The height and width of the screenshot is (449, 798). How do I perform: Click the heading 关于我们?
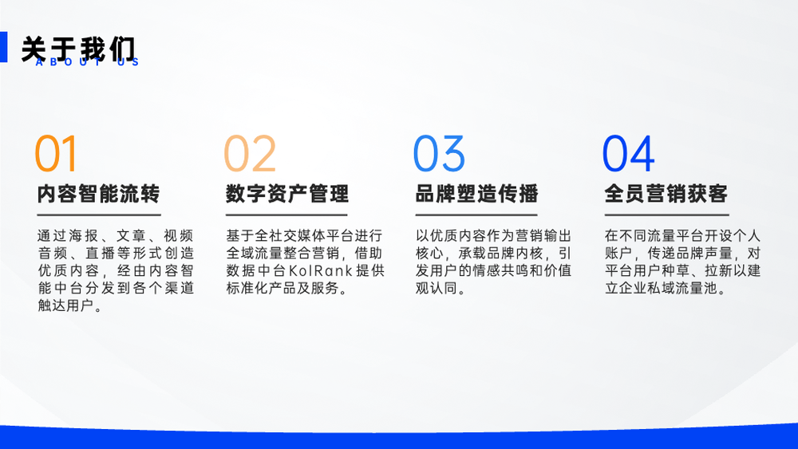click(79, 49)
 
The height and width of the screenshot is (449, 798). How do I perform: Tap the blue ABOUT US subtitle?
click(88, 62)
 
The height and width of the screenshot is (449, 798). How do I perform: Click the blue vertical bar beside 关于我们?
click(3, 47)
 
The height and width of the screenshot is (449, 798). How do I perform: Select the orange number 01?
click(56, 153)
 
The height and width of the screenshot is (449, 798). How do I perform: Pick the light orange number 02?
click(250, 153)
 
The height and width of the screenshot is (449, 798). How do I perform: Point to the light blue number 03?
click(439, 153)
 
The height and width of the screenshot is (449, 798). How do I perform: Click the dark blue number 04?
click(629, 153)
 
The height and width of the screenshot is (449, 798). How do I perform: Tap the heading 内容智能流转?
click(99, 194)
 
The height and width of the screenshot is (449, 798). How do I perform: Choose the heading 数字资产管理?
click(287, 194)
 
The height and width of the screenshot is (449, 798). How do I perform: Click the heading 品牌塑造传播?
click(477, 194)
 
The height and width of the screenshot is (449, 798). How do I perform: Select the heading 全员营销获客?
click(666, 194)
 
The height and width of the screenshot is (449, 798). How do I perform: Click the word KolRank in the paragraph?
click(321, 270)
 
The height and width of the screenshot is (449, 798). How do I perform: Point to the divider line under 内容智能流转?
click(99, 215)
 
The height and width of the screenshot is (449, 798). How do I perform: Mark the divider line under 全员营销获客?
click(666, 215)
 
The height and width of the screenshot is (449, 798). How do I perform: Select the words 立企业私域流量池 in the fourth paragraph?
click(661, 289)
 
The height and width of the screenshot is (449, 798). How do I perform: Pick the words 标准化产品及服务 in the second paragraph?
click(282, 289)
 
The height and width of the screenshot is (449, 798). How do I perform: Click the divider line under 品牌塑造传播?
click(476, 215)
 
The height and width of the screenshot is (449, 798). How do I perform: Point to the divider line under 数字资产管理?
click(287, 215)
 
